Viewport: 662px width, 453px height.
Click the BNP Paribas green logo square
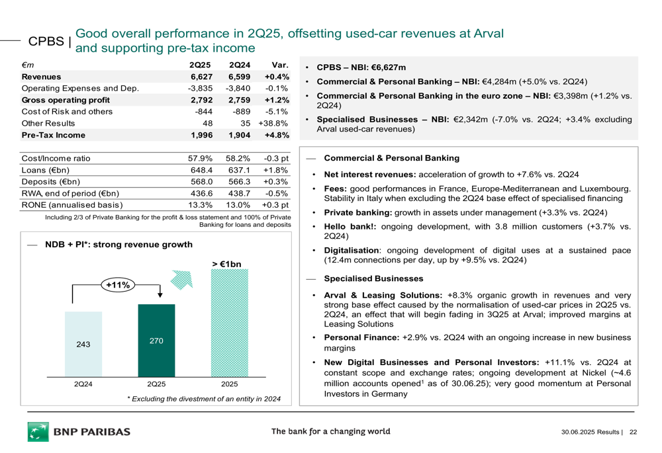click(38, 431)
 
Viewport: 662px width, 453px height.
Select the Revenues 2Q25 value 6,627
click(201, 77)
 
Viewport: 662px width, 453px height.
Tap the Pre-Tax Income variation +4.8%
click(277, 135)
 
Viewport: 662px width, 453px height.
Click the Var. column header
click(280, 65)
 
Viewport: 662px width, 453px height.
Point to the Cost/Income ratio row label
click(56, 158)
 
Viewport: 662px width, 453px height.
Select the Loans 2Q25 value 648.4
click(201, 170)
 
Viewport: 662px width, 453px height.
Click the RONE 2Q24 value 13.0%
click(238, 205)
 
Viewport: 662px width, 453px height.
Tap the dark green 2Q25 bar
click(156, 341)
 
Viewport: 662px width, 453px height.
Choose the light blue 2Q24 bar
click(83, 344)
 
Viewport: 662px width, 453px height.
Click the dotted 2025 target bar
click(230, 323)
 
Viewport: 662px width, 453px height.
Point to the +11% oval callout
click(118, 285)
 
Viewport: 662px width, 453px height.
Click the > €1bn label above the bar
click(226, 265)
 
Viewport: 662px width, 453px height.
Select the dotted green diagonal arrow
click(182, 280)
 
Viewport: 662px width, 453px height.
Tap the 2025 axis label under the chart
click(229, 384)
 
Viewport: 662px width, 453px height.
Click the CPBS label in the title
click(46, 42)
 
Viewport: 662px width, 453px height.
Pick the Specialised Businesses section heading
click(373, 278)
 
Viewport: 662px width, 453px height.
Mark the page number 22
click(633, 432)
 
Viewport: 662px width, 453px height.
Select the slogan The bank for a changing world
click(330, 431)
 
